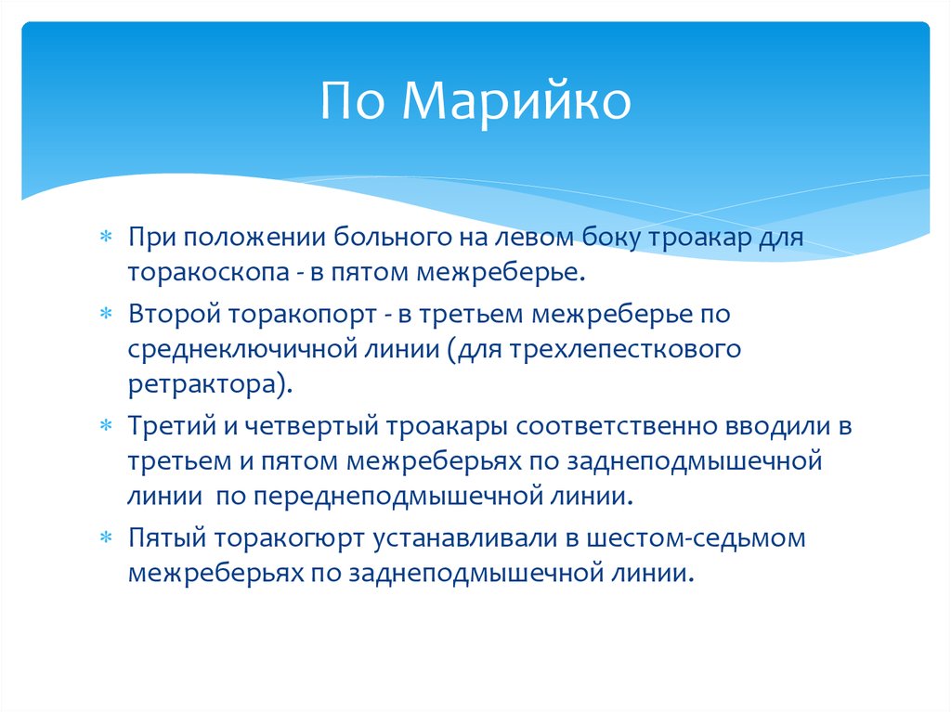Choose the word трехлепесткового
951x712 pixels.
[634, 350]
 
